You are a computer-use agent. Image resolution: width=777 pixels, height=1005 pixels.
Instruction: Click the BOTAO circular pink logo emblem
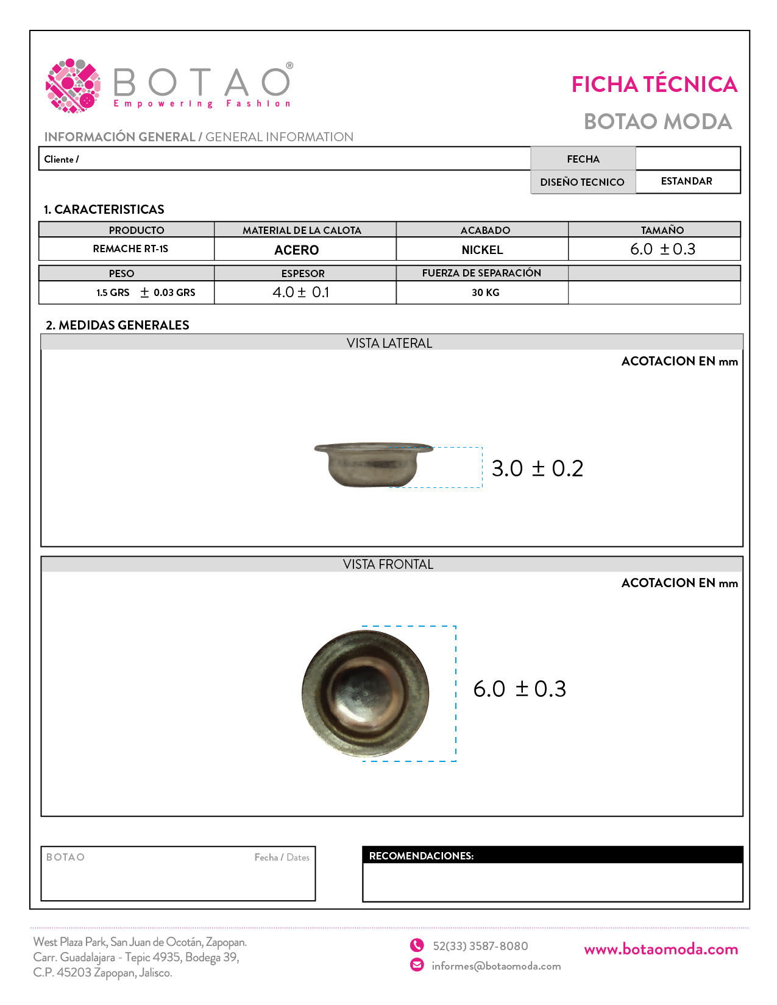point(73,86)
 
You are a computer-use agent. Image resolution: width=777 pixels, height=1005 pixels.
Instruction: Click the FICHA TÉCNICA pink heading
point(654,85)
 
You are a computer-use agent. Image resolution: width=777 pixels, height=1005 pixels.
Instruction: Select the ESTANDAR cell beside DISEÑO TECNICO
point(687,182)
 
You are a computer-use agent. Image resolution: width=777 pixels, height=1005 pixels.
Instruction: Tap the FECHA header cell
point(583,159)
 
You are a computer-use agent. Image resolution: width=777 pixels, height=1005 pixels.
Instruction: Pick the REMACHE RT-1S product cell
point(130,249)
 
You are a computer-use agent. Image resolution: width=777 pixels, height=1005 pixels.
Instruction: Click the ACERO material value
point(297,250)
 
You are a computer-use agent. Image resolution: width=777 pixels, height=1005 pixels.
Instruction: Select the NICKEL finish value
point(482,250)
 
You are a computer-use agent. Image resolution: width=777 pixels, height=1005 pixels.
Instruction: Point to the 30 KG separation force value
point(485,293)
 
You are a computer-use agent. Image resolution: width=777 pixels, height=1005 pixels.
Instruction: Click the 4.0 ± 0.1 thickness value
point(301,292)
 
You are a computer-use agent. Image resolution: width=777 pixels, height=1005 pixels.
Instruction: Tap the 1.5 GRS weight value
point(113,293)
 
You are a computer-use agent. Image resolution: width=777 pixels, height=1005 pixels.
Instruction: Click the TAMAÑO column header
point(662,230)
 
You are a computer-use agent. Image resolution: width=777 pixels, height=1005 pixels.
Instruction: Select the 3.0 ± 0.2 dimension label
point(537,468)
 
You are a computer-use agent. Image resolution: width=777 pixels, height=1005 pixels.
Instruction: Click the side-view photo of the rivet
point(372,465)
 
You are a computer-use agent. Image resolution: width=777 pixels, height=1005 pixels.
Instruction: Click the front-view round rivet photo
point(366,693)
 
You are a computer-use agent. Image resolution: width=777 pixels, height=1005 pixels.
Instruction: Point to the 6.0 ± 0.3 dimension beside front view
point(520,689)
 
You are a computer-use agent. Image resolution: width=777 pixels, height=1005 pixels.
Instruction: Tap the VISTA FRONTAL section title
point(388,565)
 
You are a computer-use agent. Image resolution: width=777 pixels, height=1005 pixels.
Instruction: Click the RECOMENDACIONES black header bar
point(552,855)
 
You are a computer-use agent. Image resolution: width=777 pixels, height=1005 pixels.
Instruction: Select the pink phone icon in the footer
point(417,945)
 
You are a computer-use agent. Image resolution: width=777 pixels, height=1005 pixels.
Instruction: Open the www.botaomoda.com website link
point(661,950)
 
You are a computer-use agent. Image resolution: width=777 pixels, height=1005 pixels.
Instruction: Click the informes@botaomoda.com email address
point(496,966)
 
